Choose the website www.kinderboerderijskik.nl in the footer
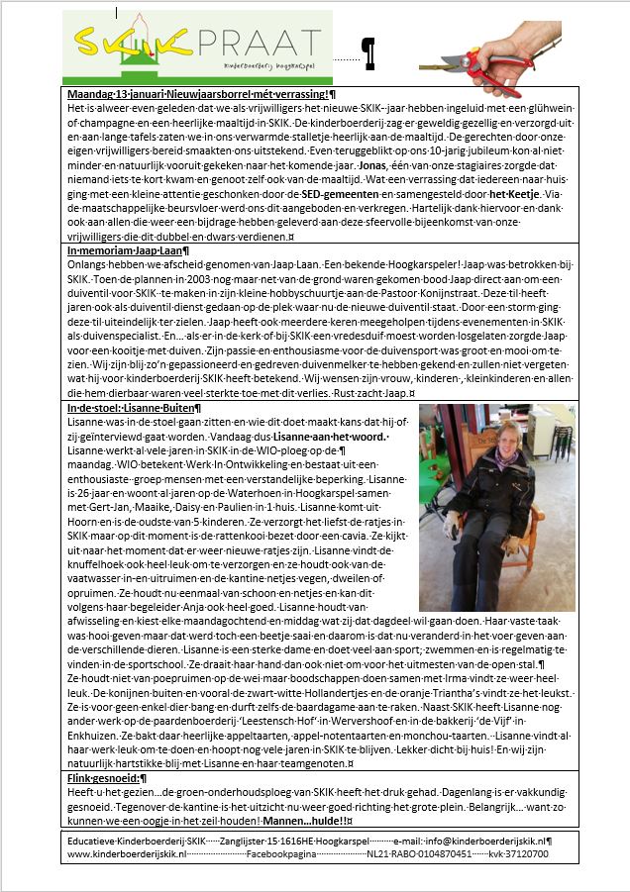[x=127, y=852]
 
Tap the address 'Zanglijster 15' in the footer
[x=262, y=841]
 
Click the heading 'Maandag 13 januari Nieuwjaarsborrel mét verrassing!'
[x=198, y=92]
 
